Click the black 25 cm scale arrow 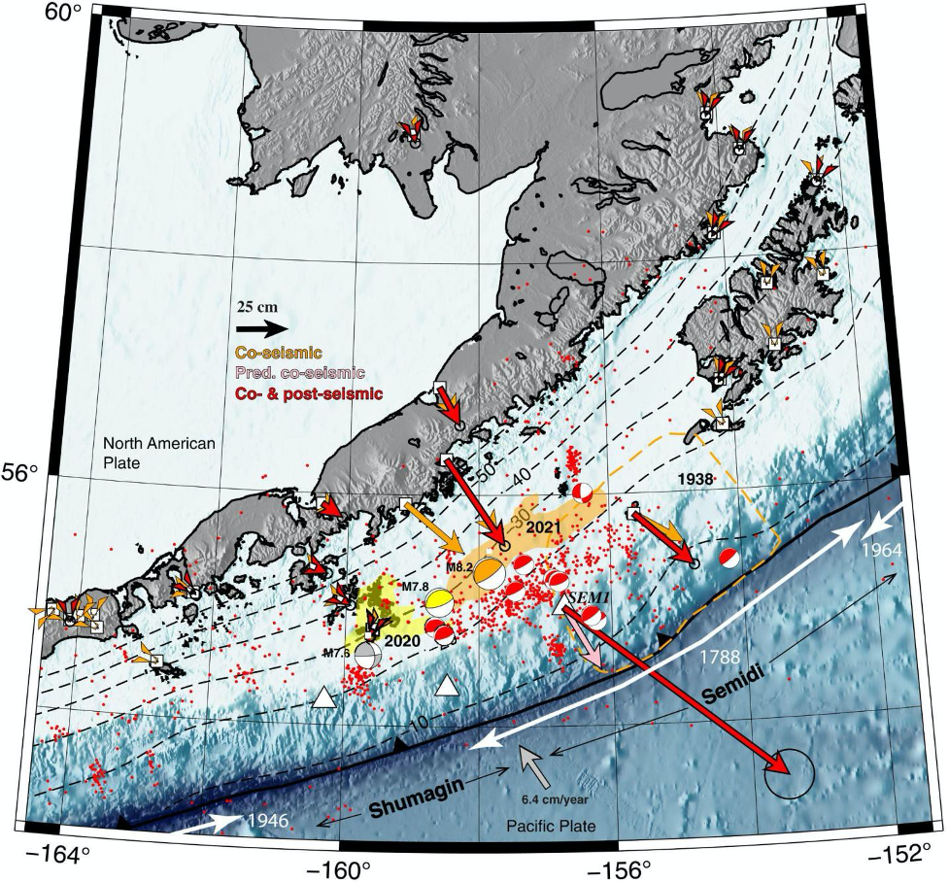(261, 328)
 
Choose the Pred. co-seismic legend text (300, 373)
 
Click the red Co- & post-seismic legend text (309, 393)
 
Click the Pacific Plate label (550, 825)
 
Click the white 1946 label (269, 821)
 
